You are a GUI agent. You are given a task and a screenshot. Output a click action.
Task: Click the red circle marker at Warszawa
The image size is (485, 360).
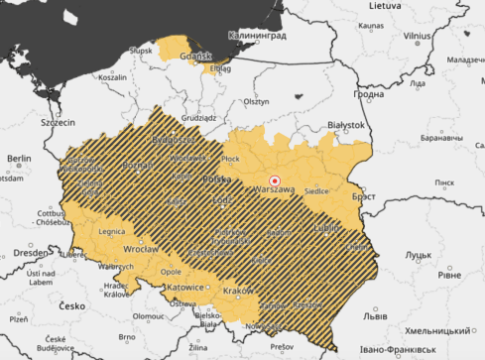pos(276,180)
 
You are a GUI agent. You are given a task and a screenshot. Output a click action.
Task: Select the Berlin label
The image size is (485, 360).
pos(18,159)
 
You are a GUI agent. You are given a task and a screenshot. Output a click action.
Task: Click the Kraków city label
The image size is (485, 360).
pos(238,290)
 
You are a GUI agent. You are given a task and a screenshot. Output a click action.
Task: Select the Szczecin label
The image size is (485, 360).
pos(59,124)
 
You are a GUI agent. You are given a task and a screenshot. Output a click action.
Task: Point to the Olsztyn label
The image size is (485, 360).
pos(256,101)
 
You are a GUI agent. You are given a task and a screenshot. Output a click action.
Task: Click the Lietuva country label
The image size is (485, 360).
pos(387,6)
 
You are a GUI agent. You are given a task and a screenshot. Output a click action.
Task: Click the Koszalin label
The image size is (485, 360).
pos(112,76)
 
